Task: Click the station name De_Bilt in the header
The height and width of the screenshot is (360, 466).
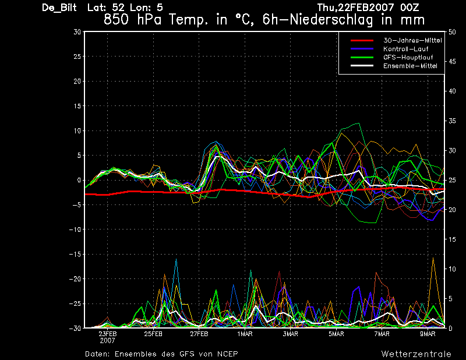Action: pos(59,8)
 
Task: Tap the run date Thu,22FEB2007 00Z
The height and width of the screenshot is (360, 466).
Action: pos(368,7)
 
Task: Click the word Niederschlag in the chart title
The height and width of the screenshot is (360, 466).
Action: pos(331,20)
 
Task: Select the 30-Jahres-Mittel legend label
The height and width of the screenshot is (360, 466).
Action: pos(412,40)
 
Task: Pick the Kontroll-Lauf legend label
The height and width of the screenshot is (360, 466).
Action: pos(405,49)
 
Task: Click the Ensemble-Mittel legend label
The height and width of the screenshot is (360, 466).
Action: pos(410,66)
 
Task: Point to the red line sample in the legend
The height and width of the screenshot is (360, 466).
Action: pos(362,40)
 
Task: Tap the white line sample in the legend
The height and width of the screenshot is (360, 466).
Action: pos(362,65)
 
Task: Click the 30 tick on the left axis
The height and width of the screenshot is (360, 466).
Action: pos(77,32)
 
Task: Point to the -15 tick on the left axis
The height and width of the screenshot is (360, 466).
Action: pos(75,254)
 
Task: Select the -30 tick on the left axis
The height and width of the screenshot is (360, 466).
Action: pos(75,328)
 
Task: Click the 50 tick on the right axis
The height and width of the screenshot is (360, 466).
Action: pos(452,32)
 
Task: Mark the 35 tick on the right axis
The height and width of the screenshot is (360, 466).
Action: pos(452,121)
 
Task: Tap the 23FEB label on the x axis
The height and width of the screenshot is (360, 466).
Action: pos(108,334)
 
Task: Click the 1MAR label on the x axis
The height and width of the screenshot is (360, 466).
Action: pos(245,334)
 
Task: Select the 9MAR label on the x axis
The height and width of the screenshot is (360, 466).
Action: pos(428,334)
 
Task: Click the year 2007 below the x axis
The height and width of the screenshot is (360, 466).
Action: pos(108,341)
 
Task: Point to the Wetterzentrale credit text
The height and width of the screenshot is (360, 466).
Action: pos(416,354)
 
